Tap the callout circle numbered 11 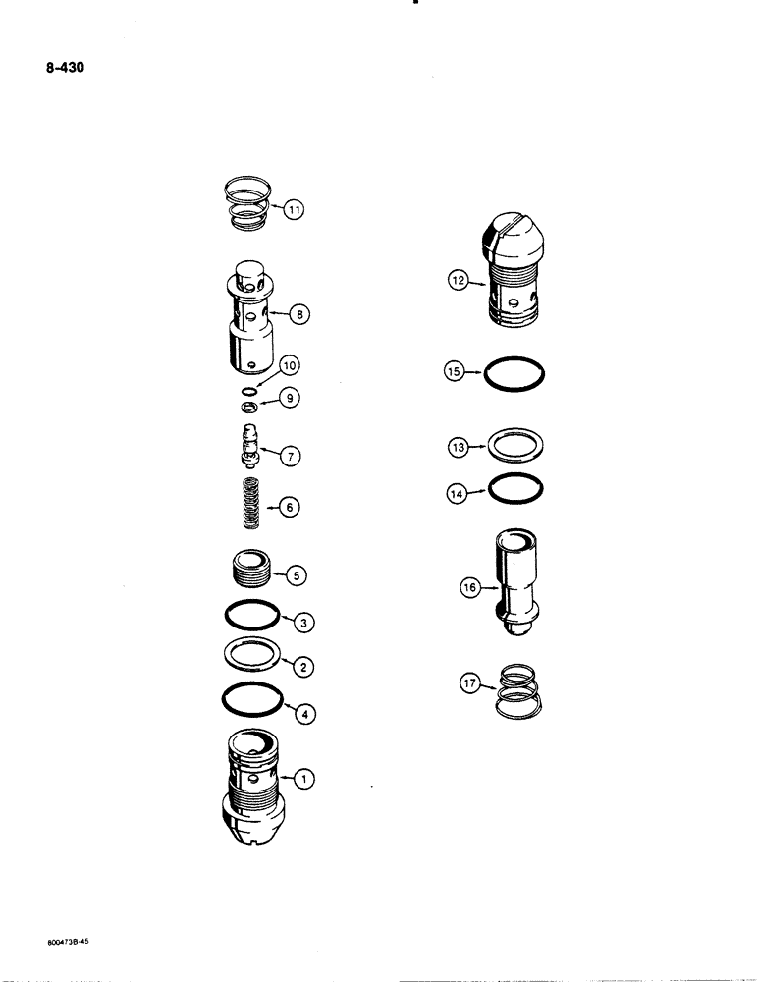(x=295, y=209)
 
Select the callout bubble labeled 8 (x=299, y=315)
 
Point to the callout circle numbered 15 (x=454, y=373)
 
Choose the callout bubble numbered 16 (x=468, y=588)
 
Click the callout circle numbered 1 (x=304, y=779)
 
